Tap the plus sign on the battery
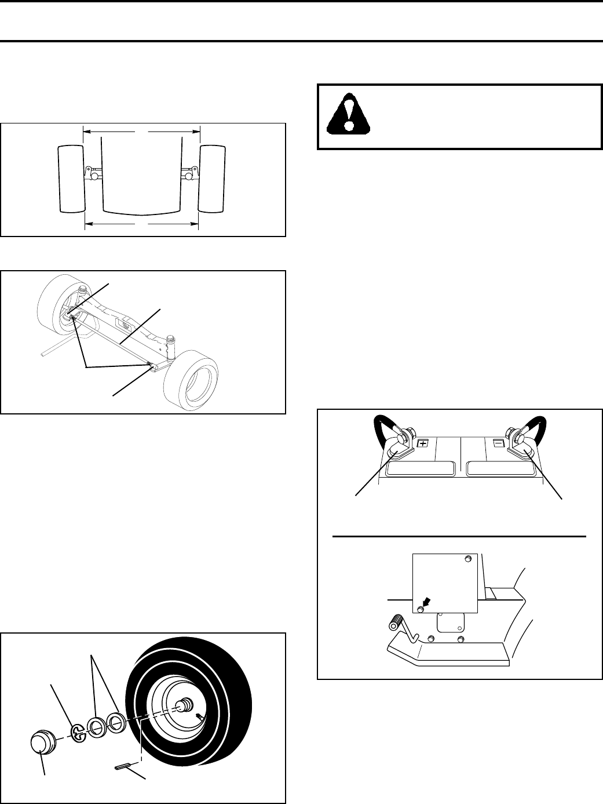pos(423,443)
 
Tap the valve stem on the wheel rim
pos(200,718)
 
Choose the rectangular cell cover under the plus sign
pos(422,468)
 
